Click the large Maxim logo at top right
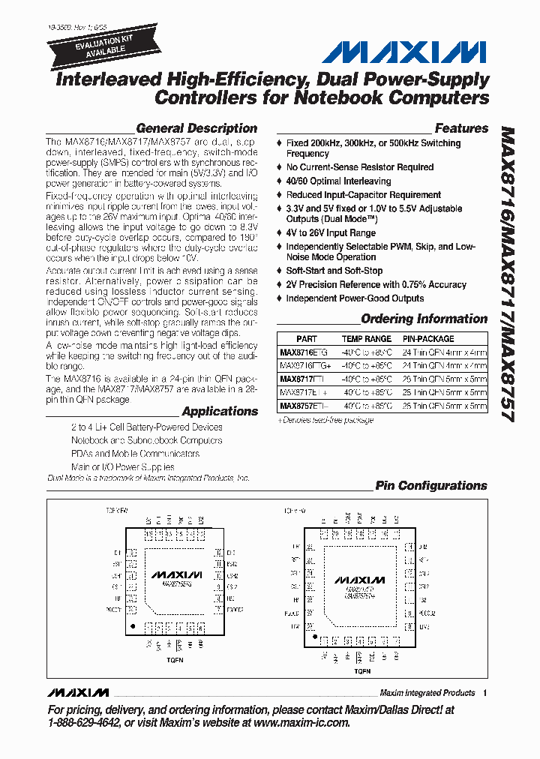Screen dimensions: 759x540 (404, 52)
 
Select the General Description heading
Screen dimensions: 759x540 (196, 128)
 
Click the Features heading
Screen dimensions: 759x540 (461, 128)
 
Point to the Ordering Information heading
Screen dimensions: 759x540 (424, 319)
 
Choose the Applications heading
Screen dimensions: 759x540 (220, 411)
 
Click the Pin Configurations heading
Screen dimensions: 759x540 (431, 486)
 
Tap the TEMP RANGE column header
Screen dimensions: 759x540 (367, 339)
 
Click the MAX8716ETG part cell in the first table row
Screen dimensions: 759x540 (304, 352)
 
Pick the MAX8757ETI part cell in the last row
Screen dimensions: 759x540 (304, 406)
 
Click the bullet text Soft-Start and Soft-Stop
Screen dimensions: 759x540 (334, 271)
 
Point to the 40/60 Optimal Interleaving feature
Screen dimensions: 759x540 (338, 181)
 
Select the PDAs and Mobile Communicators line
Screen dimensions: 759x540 (136, 454)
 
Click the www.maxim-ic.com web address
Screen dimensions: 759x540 (301, 723)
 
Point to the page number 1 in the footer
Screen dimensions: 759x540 (485, 692)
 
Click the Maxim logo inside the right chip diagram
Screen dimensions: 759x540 (359, 580)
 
